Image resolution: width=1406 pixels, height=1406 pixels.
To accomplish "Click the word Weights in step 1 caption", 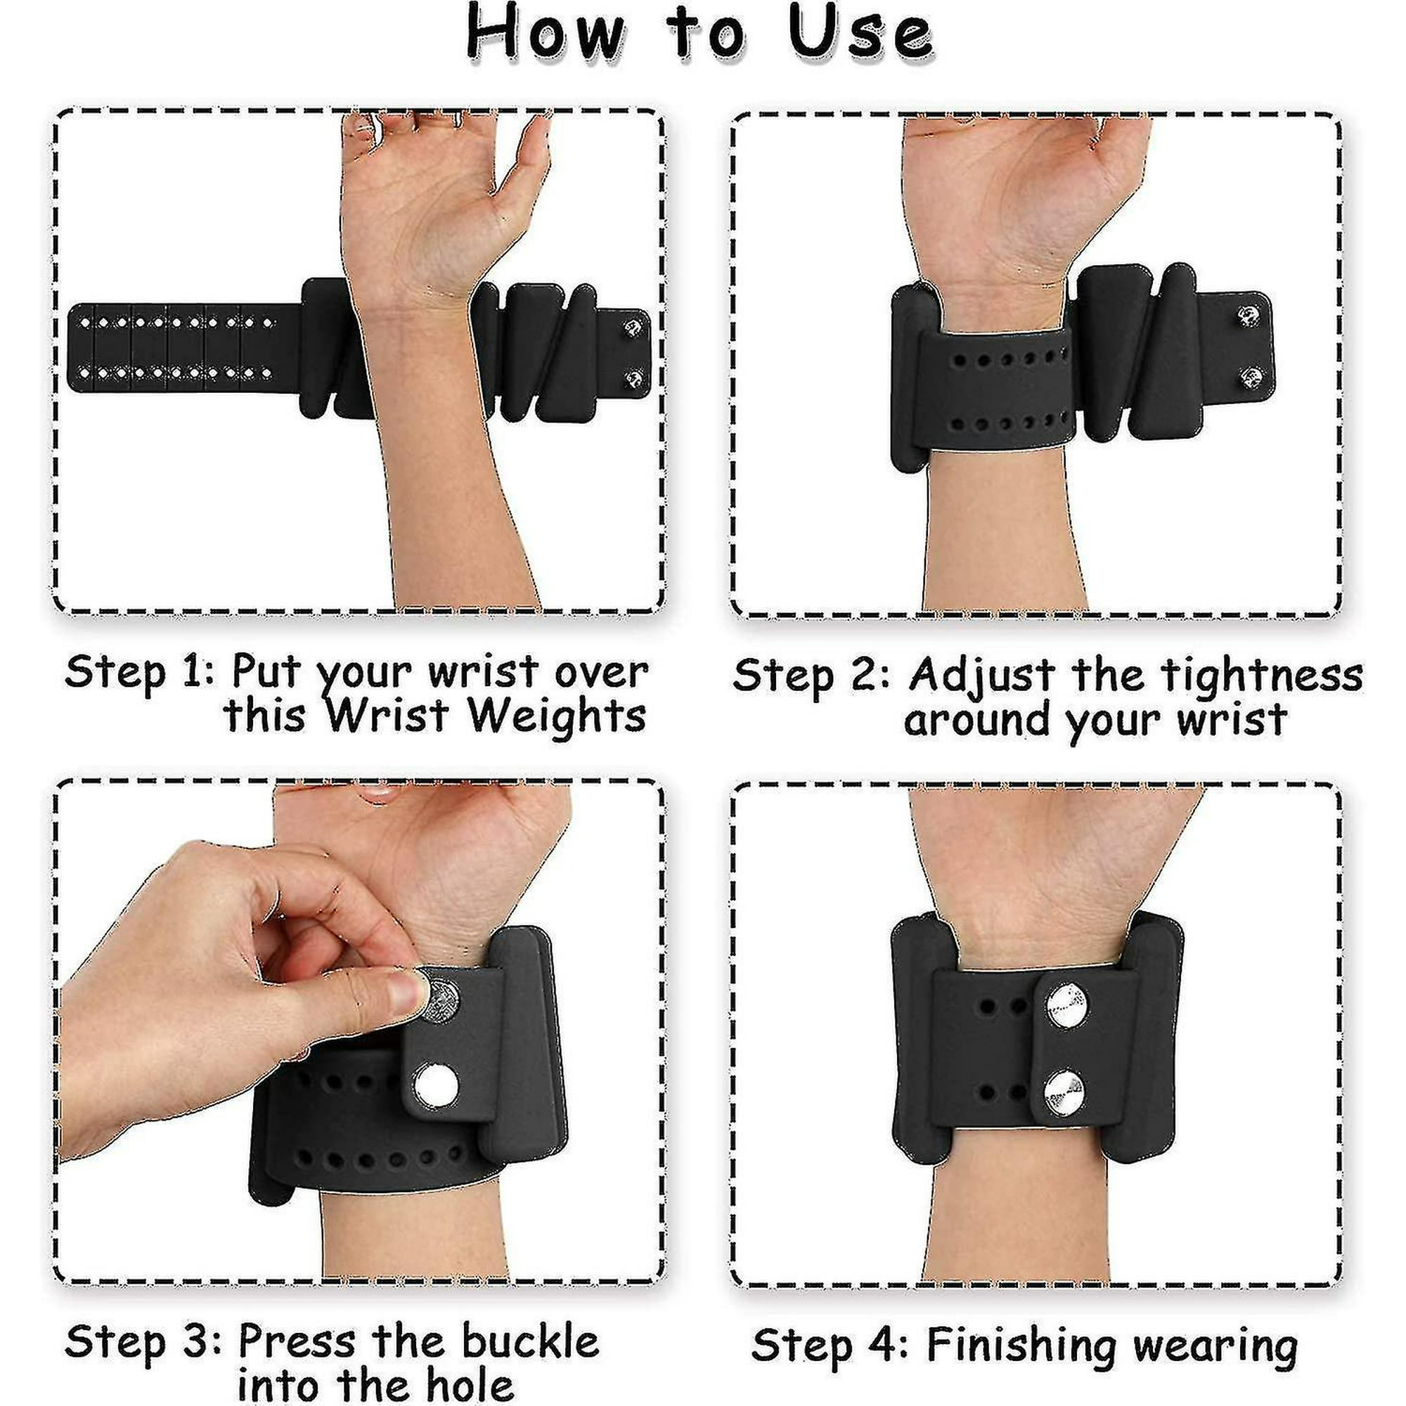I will [557, 716].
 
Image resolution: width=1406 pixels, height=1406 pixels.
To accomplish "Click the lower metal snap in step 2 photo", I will [1250, 377].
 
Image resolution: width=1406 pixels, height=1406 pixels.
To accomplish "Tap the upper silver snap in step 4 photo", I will [1067, 1005].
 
